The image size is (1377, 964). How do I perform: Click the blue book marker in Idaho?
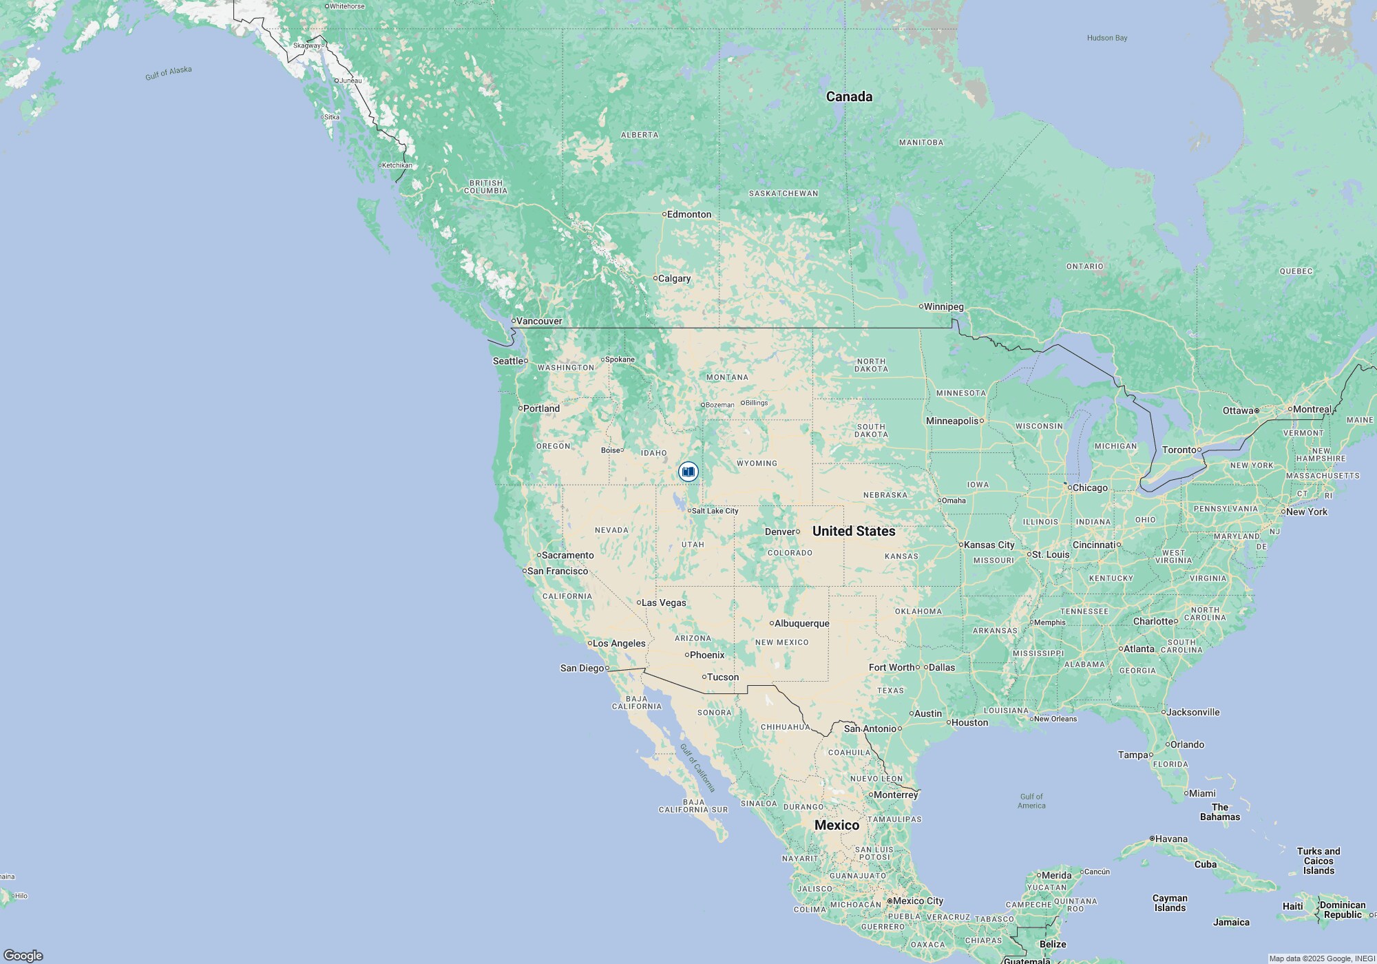click(688, 472)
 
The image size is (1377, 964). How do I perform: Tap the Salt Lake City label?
click(714, 511)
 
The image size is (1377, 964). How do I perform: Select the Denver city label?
click(780, 532)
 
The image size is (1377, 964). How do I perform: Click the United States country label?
click(854, 531)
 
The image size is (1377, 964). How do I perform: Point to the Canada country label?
click(849, 97)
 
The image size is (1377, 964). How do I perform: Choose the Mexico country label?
click(837, 825)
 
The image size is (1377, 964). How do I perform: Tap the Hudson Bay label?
click(1107, 38)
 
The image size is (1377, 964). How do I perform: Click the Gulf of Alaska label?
click(169, 73)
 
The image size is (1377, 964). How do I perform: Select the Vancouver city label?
click(538, 321)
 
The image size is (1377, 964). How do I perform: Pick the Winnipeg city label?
click(943, 306)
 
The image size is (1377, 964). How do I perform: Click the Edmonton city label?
click(688, 214)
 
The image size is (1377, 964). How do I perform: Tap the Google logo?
click(23, 955)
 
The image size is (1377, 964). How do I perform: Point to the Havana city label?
click(1170, 839)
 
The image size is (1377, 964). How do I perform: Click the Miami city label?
click(1202, 793)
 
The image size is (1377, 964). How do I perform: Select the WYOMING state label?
click(757, 463)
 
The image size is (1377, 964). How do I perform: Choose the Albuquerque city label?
click(801, 623)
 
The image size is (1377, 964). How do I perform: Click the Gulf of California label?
click(697, 768)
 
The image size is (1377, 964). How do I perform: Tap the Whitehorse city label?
click(346, 6)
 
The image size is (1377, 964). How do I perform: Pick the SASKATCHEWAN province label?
click(784, 193)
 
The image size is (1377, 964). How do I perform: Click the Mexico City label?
click(917, 901)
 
